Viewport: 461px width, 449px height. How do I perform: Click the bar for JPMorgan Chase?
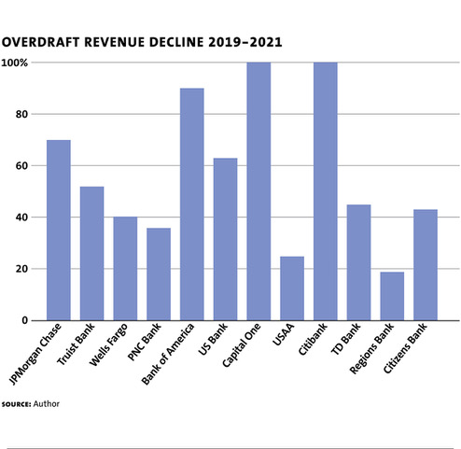point(59,231)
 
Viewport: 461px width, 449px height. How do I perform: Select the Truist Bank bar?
point(91,254)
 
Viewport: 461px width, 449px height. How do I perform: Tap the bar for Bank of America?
point(192,204)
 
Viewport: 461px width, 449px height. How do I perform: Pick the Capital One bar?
point(258,191)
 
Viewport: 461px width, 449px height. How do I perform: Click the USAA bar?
point(292,288)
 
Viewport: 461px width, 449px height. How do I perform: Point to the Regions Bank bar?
point(392,296)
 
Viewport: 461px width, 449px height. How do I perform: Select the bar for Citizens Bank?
point(426,265)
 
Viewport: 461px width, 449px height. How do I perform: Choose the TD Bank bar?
point(358,262)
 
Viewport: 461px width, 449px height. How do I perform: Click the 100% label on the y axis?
point(15,63)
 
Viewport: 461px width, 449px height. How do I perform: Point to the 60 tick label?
point(21,166)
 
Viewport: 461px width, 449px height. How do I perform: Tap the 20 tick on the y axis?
point(21,269)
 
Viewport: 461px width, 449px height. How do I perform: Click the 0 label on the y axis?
point(25,320)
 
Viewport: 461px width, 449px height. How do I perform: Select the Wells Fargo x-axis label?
point(108,344)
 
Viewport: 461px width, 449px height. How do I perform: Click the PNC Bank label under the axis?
point(145,342)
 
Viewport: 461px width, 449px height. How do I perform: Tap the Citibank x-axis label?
point(313,339)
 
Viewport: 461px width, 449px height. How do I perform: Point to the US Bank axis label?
point(213,339)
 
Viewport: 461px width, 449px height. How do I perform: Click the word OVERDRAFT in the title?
point(40,42)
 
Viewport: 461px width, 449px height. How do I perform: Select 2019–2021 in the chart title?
point(245,42)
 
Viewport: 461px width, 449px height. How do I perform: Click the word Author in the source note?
point(47,404)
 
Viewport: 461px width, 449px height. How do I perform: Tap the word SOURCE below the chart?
point(17,404)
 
